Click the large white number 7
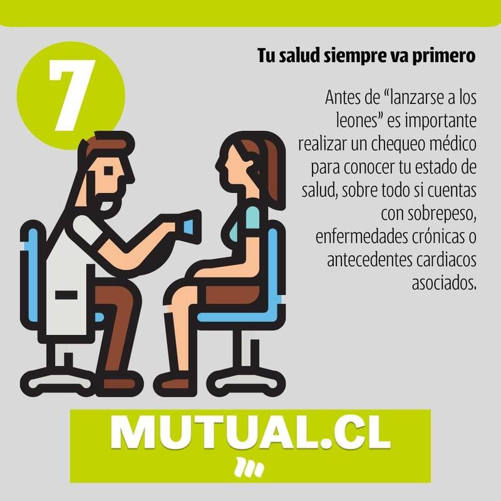coord(72,95)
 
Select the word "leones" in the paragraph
coord(357,120)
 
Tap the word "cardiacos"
coord(446,260)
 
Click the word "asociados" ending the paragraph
coord(444,282)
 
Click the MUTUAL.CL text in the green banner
coord(250,433)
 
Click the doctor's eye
coord(109,171)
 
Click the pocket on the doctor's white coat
coord(66,294)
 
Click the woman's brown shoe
coord(175,383)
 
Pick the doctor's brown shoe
coord(119,383)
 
